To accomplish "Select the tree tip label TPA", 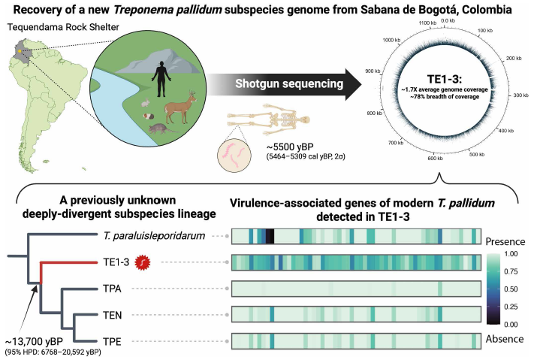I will tap(110, 288).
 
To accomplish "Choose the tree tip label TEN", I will tap(110, 314).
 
